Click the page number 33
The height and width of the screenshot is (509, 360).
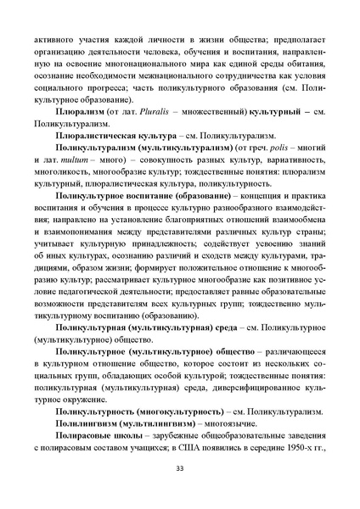[179, 467]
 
